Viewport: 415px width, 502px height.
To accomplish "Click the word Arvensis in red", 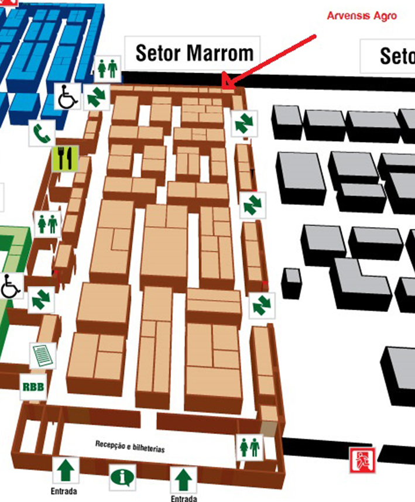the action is coord(348,15).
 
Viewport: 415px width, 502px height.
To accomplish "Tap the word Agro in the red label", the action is coord(385,16).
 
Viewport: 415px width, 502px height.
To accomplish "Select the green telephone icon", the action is coord(42,134).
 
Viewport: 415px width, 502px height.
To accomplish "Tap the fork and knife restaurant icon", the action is coord(65,158).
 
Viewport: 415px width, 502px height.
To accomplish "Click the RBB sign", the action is coord(33,387).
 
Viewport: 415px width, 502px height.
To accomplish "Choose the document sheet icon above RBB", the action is coord(43,355).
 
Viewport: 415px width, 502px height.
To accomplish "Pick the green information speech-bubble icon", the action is coord(122,477).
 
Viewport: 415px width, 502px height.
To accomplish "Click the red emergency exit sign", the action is coord(362,460).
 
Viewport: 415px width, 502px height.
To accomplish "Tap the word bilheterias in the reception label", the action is coord(149,448).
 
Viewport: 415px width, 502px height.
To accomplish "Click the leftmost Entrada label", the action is coord(64,491).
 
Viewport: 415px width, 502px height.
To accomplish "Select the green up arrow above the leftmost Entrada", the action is coord(66,470).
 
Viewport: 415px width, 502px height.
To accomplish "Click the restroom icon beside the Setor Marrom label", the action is coord(108,68).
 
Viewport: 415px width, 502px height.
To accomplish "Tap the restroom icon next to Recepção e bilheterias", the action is coord(250,447).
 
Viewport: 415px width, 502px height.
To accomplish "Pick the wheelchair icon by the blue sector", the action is coord(67,97).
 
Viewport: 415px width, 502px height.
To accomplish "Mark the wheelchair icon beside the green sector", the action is coord(11,286).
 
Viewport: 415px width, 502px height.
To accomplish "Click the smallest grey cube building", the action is coord(291,283).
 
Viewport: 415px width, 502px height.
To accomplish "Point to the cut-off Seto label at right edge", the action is coord(397,56).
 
